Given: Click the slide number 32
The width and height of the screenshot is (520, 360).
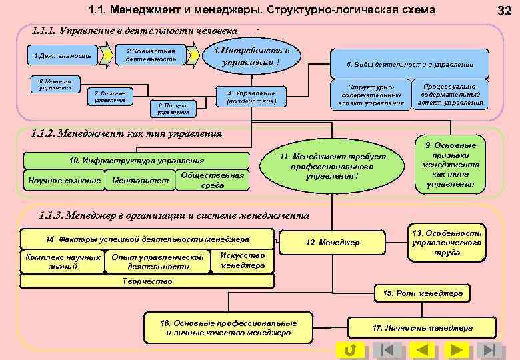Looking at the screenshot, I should pos(505,10).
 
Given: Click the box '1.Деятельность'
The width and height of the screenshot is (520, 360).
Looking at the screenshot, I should pos(59,55).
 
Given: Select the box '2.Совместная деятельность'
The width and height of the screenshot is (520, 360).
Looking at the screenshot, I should pos(151,55).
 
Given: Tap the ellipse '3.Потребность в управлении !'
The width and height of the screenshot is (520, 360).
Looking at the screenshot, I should pos(250,56).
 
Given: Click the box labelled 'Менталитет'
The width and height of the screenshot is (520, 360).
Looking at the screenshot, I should pos(140,180).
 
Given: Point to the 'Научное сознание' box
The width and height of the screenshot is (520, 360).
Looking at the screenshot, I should pos(64,180).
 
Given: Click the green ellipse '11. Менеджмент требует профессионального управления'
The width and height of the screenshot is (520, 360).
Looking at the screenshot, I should pos(332,166).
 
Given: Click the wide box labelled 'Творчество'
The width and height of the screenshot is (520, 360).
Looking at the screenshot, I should pos(148,281).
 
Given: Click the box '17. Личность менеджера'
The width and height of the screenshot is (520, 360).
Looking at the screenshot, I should pos(422,327).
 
